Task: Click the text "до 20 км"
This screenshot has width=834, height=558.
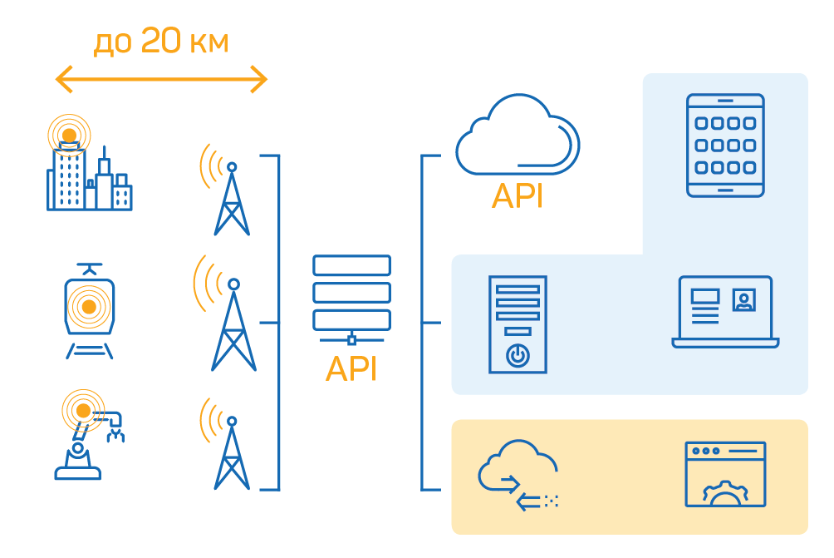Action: (x=160, y=42)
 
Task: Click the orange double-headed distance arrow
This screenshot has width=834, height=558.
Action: (x=160, y=81)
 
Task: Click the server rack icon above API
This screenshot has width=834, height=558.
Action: (x=351, y=296)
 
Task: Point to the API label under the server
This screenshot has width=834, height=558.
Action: (x=351, y=368)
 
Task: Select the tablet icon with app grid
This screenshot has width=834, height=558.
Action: (x=725, y=145)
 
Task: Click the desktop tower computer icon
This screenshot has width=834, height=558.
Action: (x=518, y=324)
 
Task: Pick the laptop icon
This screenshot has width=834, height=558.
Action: (x=725, y=313)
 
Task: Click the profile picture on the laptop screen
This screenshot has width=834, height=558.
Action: (x=744, y=299)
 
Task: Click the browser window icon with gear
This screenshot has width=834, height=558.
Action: (x=725, y=474)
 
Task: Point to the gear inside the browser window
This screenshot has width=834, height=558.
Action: (x=725, y=496)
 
